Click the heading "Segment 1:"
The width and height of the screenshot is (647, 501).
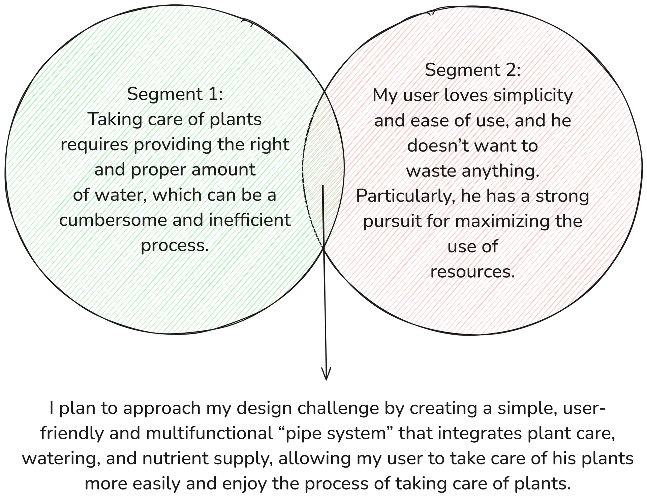(175, 94)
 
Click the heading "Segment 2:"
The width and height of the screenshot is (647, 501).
(473, 70)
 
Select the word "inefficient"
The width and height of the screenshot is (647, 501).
(250, 220)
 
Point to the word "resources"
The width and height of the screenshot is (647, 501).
(473, 272)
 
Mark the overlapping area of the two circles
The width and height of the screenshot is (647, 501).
(323, 168)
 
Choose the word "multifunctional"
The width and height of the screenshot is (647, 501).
(209, 434)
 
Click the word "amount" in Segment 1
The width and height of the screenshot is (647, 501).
(223, 170)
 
